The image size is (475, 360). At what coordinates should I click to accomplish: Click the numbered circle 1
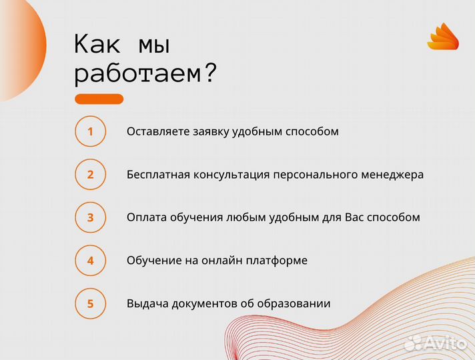pos(91,131)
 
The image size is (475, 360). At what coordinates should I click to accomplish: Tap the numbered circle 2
pos(91,175)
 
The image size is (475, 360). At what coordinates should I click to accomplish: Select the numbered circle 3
pos(91,217)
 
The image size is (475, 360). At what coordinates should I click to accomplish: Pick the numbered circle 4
pos(91,261)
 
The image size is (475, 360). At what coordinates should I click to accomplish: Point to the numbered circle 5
pos(91,304)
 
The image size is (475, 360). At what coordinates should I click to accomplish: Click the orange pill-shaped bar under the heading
pos(99,99)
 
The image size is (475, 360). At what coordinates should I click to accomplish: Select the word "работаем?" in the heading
pos(145,73)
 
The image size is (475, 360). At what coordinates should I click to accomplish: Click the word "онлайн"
pos(223,261)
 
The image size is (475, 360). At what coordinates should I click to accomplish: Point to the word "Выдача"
pos(147,304)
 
